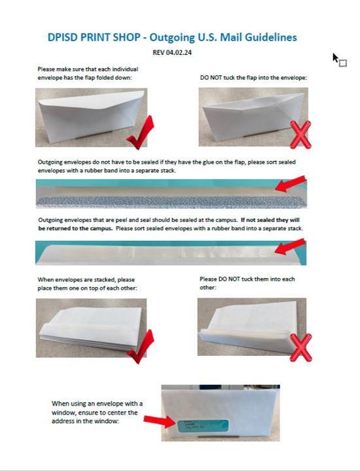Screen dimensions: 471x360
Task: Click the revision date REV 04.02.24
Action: tap(171, 52)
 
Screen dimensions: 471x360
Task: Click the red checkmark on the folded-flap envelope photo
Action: tap(139, 134)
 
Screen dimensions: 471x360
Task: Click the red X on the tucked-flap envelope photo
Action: tap(299, 135)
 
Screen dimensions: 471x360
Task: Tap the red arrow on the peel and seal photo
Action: tap(290, 248)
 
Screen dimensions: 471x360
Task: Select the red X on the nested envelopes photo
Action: tap(300, 347)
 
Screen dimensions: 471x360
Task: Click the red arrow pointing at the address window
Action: tap(157, 420)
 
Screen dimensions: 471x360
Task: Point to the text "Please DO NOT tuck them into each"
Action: tap(247, 279)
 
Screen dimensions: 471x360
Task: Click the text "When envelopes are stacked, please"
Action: tap(86, 280)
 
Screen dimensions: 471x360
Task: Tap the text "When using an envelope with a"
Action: tap(97, 404)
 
